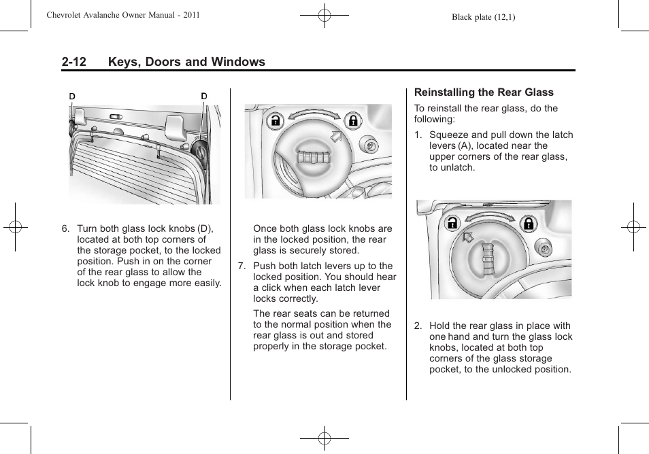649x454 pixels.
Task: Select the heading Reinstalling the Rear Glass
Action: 484,92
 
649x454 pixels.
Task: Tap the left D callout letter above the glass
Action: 72,97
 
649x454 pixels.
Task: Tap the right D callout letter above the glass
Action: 203,97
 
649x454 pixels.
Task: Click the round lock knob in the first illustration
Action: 202,149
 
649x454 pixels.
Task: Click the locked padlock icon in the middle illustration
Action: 353,122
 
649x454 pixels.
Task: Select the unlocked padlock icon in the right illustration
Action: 451,222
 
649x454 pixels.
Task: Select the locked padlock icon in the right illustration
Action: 529,222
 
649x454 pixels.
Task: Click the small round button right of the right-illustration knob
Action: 542,249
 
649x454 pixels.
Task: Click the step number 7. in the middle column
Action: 242,266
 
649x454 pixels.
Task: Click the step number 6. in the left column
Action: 65,229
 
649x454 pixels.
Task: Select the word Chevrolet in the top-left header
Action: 65,15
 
